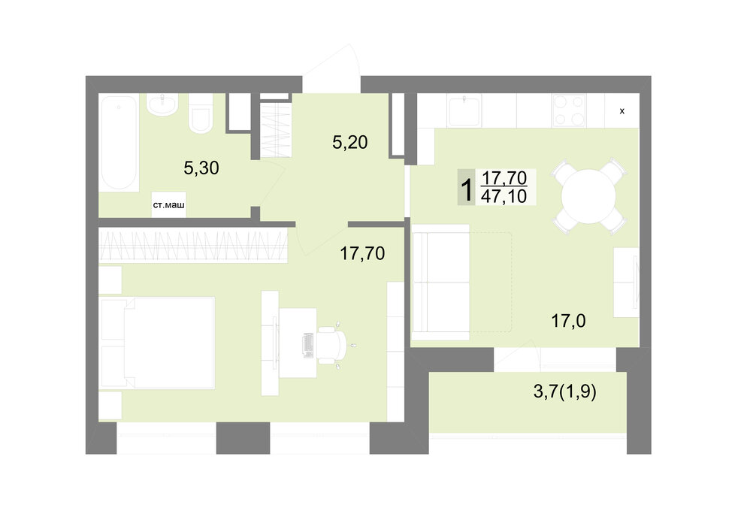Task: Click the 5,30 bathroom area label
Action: coord(201,168)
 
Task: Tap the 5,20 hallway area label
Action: coord(349,142)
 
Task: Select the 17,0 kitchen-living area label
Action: coord(568,321)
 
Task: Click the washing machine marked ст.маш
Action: coord(168,205)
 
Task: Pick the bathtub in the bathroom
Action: coord(119,143)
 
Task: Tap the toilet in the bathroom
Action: coord(201,113)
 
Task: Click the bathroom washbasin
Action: coord(162,104)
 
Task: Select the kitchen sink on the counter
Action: coord(464,110)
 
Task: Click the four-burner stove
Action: coord(569,110)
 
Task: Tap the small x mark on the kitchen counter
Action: coord(622,111)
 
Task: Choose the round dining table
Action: coord(588,196)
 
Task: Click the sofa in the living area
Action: coord(441,283)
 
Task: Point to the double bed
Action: coord(157,343)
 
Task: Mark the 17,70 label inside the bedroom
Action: coord(362,254)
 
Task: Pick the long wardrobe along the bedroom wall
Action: coord(193,245)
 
